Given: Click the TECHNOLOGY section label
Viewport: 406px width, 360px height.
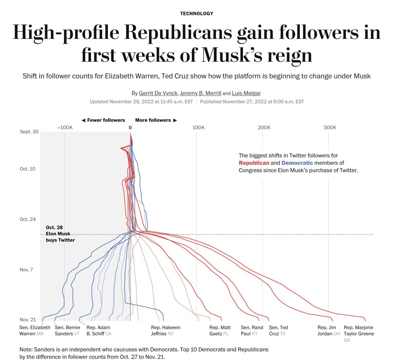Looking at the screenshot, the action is tap(197, 14).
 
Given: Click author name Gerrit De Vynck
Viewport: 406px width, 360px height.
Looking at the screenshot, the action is tap(158, 93).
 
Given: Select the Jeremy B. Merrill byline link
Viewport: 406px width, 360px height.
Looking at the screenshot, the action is tap(200, 93).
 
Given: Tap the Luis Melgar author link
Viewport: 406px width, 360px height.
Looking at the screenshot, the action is tap(246, 93).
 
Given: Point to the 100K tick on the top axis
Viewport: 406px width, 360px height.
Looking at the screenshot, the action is tap(198, 127).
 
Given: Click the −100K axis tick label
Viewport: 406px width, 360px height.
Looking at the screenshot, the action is tap(65, 127).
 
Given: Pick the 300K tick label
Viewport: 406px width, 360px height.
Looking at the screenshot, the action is tap(330, 127).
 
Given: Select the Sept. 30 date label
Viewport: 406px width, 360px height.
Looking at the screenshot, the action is tap(29, 131).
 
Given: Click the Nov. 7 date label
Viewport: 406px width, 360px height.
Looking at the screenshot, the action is tap(26, 270).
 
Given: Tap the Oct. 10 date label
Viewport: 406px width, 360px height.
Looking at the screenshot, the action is tap(27, 169).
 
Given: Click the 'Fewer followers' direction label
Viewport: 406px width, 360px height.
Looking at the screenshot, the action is tap(106, 120).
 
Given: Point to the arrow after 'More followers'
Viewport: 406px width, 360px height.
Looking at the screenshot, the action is tap(175, 120).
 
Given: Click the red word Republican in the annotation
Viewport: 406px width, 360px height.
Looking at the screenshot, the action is tap(254, 163).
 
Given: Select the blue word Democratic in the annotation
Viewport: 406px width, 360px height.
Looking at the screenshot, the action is tap(297, 163).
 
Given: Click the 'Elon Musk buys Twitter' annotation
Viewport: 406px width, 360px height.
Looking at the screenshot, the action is tap(60, 234).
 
